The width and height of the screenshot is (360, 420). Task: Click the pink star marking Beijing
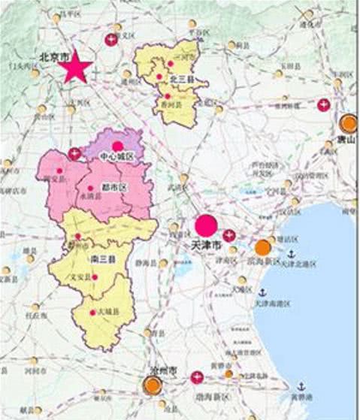pos(76,69)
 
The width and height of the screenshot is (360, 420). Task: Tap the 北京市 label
pos(55,56)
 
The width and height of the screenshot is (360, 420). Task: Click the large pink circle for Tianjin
pos(205,225)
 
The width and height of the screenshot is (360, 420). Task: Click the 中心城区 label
pos(116,157)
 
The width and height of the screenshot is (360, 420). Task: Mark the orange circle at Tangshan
pos(348,123)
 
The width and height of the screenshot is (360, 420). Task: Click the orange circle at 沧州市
pos(153,385)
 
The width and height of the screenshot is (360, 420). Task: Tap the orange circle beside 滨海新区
pos(262,247)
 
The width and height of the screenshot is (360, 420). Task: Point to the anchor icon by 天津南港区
pos(263,292)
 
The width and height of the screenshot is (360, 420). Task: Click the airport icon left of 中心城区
pos(75,155)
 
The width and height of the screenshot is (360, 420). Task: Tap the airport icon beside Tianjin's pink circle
pos(229,235)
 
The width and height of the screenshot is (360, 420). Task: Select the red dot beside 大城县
pos(92,313)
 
